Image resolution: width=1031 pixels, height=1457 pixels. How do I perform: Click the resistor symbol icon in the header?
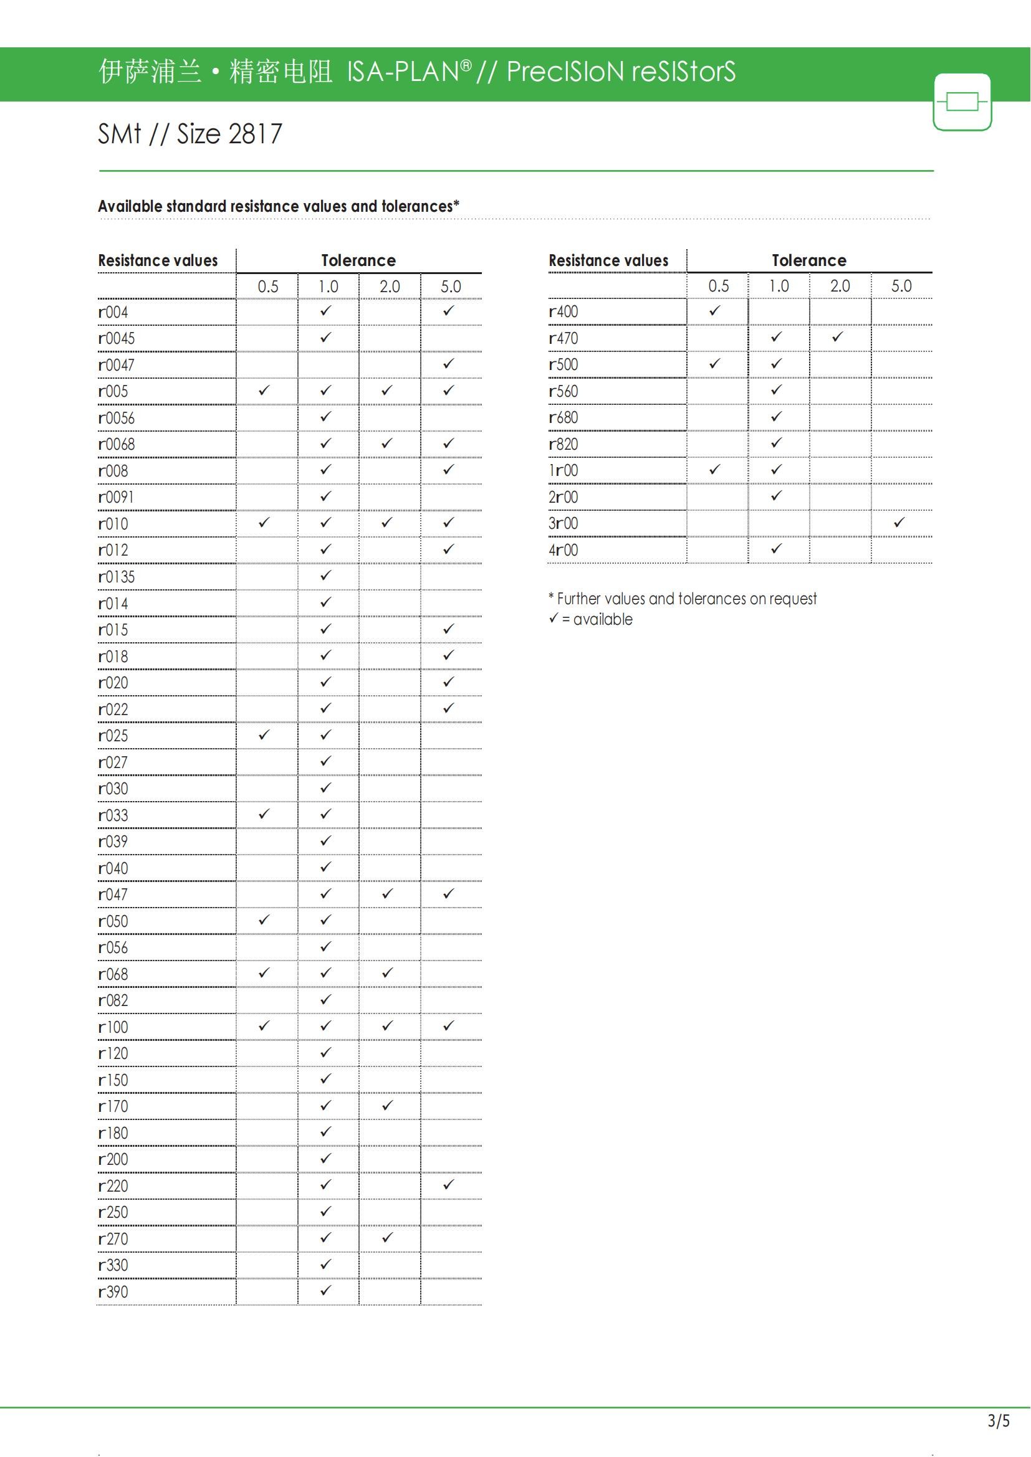(962, 102)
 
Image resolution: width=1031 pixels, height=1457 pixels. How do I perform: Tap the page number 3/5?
(998, 1420)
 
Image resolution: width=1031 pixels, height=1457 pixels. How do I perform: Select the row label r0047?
(116, 365)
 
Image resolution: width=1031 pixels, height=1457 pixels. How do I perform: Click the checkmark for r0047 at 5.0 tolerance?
(449, 364)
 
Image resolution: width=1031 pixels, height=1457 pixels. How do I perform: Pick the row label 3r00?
(563, 523)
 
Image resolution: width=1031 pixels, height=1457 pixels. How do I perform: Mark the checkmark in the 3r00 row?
(899, 522)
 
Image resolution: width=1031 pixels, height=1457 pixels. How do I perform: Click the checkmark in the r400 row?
(715, 310)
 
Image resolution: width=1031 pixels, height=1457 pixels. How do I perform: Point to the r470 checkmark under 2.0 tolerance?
(837, 337)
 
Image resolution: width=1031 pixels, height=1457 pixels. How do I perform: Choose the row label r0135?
(116, 577)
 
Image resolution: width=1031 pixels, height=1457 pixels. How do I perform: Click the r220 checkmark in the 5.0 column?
(449, 1184)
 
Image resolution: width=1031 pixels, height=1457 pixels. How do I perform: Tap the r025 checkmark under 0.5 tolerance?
(264, 734)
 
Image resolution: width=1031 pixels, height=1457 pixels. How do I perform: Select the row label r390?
(113, 1291)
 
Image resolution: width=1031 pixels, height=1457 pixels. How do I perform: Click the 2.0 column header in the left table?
(390, 287)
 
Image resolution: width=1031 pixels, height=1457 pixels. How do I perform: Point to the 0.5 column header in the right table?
(718, 286)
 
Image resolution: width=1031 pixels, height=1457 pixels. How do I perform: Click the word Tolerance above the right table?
(809, 260)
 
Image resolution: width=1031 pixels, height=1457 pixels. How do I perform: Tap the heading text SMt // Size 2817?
(190, 134)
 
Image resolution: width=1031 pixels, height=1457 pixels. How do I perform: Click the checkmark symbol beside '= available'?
(554, 617)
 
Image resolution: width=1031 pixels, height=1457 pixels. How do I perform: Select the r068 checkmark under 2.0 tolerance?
(387, 972)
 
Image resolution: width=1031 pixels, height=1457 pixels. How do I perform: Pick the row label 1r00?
(563, 470)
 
